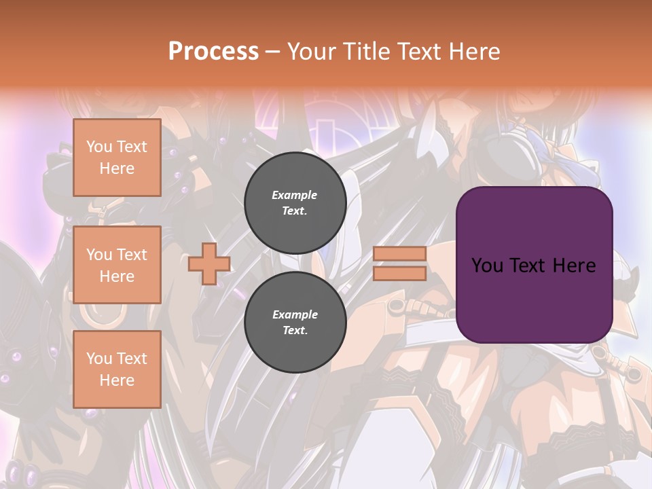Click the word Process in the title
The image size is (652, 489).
213,52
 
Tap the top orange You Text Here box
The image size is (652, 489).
117,158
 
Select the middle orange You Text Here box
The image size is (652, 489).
117,265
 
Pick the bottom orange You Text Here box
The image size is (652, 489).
117,369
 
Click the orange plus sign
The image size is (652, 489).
209,264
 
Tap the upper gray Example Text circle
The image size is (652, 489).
295,203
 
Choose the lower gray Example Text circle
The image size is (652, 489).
295,322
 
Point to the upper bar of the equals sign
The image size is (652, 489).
399,253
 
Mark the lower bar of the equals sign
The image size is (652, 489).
399,273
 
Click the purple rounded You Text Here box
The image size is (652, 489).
534,265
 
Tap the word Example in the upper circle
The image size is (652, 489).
295,196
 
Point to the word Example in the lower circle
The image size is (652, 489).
295,315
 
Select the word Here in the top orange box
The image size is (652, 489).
117,168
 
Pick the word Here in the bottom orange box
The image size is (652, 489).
117,380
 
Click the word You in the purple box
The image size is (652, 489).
487,266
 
